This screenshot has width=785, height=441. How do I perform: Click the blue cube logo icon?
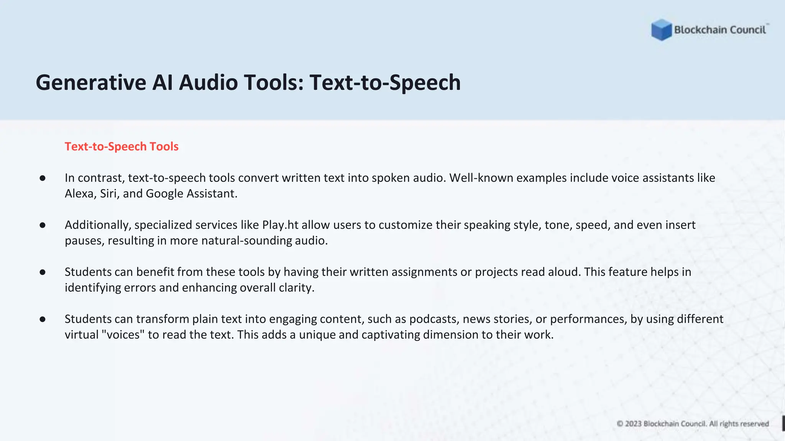tap(661, 29)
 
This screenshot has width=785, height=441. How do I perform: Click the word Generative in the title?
tap(91, 83)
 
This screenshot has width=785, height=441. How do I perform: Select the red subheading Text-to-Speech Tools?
tap(122, 146)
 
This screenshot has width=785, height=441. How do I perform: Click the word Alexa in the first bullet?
tap(79, 194)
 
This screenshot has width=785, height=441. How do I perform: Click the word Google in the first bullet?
tap(164, 194)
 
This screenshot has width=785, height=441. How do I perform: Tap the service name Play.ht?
tap(280, 225)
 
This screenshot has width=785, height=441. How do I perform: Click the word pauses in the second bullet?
tap(84, 241)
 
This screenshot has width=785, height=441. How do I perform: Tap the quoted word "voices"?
tap(123, 335)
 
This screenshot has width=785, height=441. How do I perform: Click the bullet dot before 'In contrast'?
tap(43, 178)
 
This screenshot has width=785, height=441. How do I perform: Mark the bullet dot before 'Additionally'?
tap(43, 225)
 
